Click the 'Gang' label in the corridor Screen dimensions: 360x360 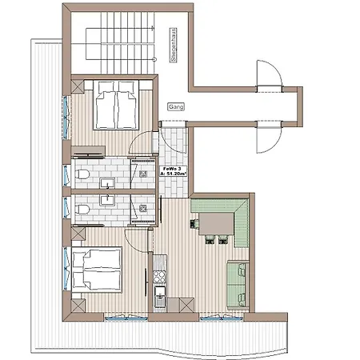point(175,106)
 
